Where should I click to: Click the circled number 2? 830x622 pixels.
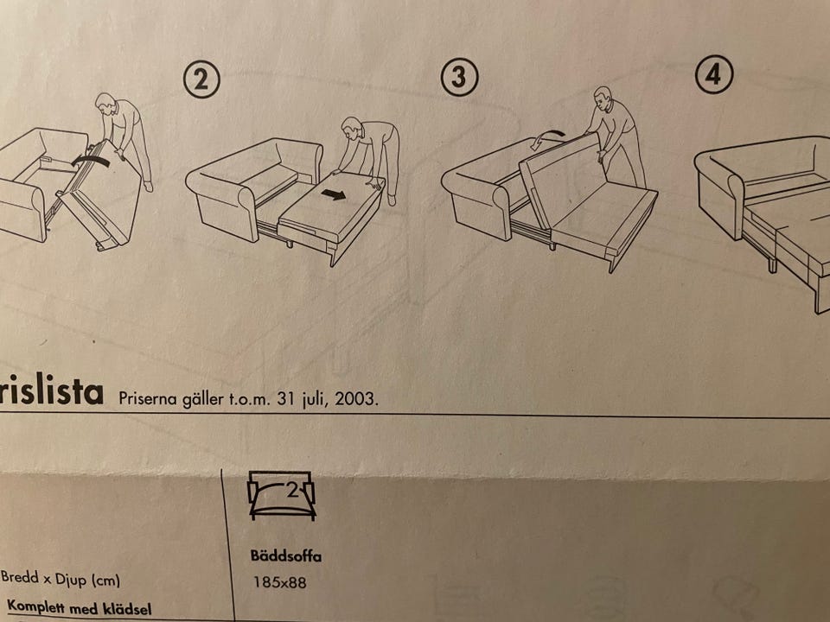click(x=201, y=79)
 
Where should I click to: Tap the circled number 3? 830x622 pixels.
click(x=459, y=77)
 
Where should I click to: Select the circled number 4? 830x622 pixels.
click(x=713, y=74)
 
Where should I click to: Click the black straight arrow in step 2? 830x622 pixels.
click(x=334, y=195)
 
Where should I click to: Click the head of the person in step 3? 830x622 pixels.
click(x=603, y=97)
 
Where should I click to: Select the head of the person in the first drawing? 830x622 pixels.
click(x=105, y=103)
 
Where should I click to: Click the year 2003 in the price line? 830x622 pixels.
click(x=354, y=398)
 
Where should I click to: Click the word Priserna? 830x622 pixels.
click(x=147, y=397)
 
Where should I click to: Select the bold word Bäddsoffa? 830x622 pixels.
click(x=286, y=555)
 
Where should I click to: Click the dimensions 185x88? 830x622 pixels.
click(x=279, y=582)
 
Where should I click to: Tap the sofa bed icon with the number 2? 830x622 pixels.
click(x=282, y=495)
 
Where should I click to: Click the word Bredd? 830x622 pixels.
click(x=20, y=576)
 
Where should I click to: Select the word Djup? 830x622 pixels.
click(x=71, y=580)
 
